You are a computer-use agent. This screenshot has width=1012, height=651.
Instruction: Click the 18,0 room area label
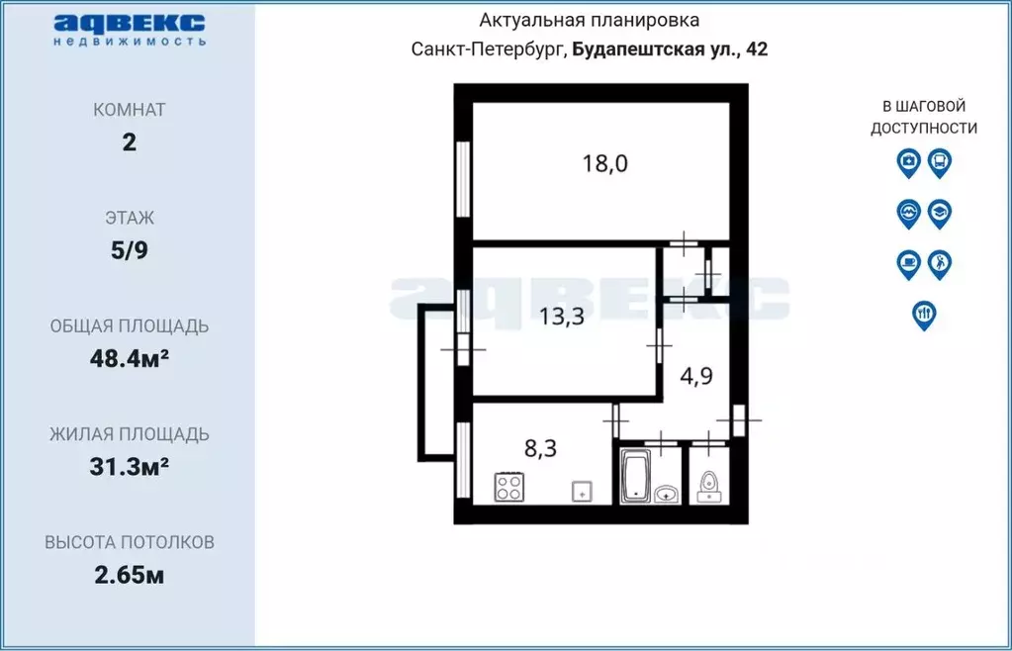(x=604, y=163)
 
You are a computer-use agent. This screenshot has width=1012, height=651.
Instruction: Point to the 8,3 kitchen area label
(x=539, y=448)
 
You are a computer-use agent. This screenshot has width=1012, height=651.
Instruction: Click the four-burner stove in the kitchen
(x=509, y=488)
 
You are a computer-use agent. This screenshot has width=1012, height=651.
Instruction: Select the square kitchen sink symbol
(x=581, y=490)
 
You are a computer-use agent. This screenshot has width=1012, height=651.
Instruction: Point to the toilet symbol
(x=708, y=486)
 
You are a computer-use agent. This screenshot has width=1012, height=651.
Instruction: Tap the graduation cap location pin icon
(x=940, y=212)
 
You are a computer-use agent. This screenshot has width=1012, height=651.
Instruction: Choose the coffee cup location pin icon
(x=908, y=263)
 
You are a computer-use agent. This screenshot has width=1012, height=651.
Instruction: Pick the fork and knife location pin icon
(x=924, y=314)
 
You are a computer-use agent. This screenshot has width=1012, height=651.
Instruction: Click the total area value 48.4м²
(x=130, y=358)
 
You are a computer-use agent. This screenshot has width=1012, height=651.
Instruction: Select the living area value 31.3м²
(x=129, y=466)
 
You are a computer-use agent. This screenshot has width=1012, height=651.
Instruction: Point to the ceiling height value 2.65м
(x=129, y=575)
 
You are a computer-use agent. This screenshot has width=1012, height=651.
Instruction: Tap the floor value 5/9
(x=129, y=250)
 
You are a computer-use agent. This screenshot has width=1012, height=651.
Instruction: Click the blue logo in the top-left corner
(x=129, y=29)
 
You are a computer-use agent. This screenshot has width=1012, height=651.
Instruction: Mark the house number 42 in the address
(x=756, y=49)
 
